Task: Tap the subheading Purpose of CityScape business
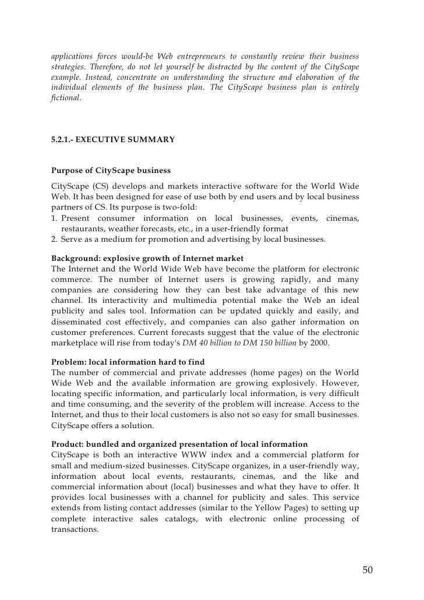111,171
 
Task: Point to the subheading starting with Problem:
132,361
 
